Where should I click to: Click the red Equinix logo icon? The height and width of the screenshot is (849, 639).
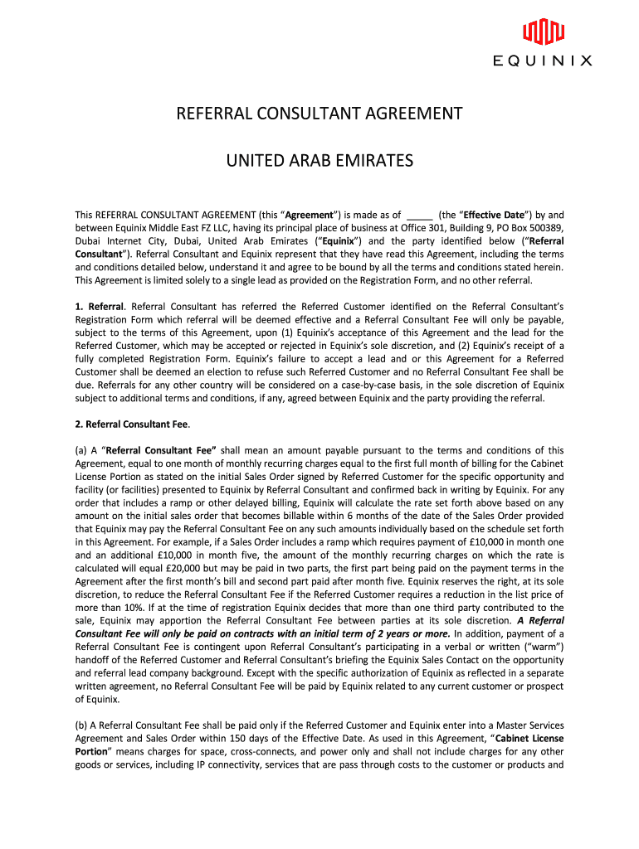tap(544, 32)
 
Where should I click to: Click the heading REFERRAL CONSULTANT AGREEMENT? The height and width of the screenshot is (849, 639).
tap(319, 114)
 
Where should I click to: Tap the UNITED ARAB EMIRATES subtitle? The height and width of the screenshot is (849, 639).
tap(319, 160)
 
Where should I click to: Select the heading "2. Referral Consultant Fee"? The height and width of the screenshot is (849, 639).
tap(133, 424)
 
